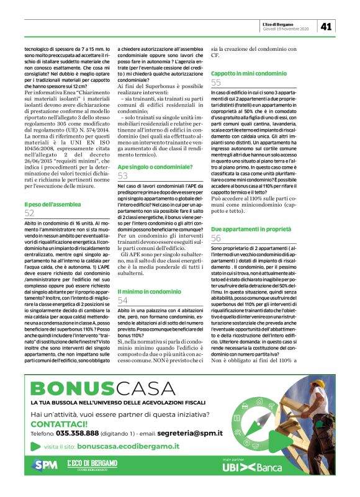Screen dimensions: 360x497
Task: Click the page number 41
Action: click(x=326, y=26)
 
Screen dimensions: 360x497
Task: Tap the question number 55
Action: click(x=216, y=82)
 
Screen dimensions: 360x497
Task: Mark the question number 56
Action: click(x=216, y=238)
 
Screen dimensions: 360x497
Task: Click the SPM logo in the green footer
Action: click(x=45, y=465)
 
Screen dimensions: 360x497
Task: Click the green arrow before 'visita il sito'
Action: click(x=35, y=446)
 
